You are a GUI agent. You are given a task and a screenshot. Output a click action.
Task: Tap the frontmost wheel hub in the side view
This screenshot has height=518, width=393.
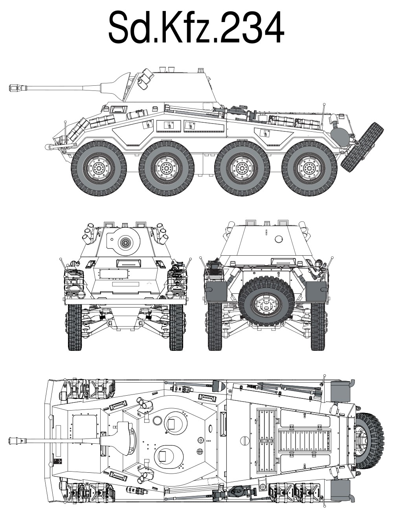(x=99, y=168)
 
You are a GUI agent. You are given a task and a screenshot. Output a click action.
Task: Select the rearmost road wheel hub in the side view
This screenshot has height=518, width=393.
(x=309, y=168)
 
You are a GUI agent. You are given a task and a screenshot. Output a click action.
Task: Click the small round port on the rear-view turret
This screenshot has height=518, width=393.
(x=279, y=239)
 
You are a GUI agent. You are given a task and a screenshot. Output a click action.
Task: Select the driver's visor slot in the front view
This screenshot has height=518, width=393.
(x=129, y=263)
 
